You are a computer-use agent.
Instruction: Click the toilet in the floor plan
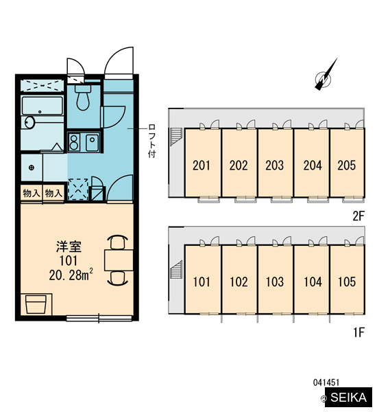[x=83, y=98]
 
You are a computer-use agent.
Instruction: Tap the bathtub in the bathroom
[x=42, y=106]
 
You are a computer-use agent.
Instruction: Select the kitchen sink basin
[x=93, y=142]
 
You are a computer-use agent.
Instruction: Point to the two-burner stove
[x=74, y=142]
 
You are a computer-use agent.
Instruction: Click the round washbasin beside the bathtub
[x=30, y=122]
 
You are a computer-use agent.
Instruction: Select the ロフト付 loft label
[x=152, y=141]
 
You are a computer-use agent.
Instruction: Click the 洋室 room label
[x=69, y=247]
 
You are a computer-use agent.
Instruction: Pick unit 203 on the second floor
[x=275, y=165]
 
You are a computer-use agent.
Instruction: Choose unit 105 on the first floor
[x=347, y=282]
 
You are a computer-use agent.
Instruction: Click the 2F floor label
[x=358, y=216]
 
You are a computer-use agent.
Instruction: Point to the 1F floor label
[x=359, y=332]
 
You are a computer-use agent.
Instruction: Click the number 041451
[x=326, y=382]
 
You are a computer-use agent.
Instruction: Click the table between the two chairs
[x=119, y=260]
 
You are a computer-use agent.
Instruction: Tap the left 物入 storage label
[x=32, y=194]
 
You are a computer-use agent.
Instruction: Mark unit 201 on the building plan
[x=202, y=165]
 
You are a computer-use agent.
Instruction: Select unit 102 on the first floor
[x=239, y=282]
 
